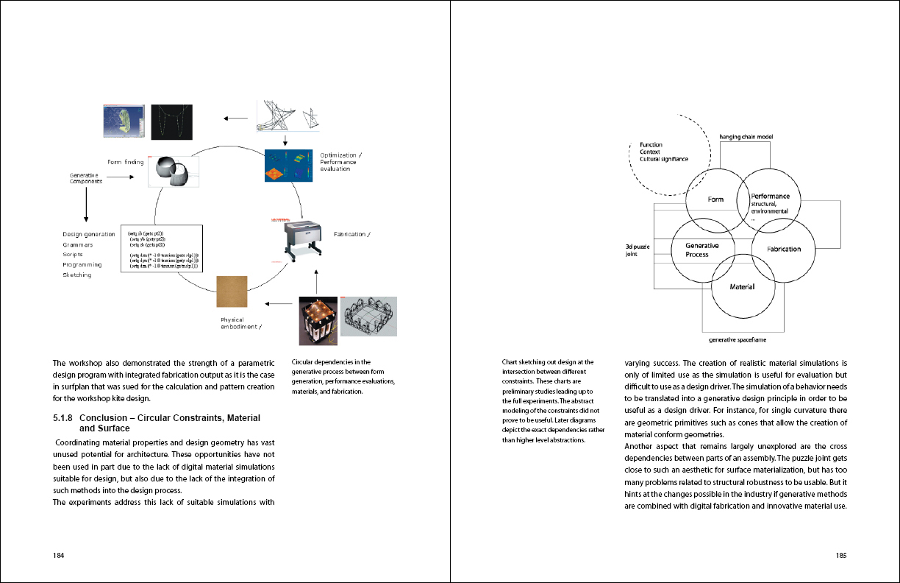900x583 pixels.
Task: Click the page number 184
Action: tap(58, 556)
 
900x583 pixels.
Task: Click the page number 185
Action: tap(841, 556)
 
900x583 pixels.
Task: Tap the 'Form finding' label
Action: tap(126, 162)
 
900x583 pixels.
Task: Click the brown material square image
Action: tap(232, 291)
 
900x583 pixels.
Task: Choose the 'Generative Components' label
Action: tap(86, 177)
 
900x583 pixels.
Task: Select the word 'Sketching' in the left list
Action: tap(77, 275)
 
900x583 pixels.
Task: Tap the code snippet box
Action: tap(160, 249)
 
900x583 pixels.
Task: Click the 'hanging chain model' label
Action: tap(746, 137)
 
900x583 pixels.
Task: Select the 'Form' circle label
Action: tap(715, 199)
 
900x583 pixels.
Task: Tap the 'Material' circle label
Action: tap(742, 286)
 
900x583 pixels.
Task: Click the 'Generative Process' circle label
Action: tap(701, 250)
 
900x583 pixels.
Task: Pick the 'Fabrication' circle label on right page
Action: tap(784, 249)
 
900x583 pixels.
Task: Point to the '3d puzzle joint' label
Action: tap(636, 250)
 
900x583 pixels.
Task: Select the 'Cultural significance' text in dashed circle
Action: tap(664, 159)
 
